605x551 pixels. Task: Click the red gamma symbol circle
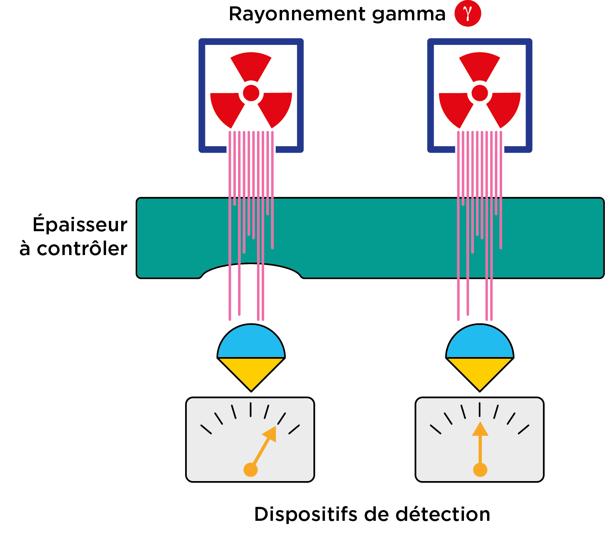point(468,14)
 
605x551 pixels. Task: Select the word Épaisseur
point(80,224)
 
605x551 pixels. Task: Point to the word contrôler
point(82,249)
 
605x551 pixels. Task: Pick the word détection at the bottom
point(443,514)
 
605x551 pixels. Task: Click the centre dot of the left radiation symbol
point(251,93)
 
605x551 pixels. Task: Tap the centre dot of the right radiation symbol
point(479,93)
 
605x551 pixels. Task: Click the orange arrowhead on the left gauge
point(271,434)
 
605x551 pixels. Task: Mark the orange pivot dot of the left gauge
point(251,470)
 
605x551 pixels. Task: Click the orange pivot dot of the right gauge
point(480,470)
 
